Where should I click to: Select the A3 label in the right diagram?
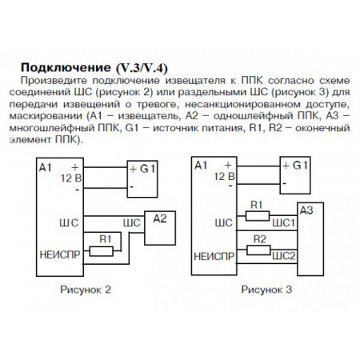coord(306,210)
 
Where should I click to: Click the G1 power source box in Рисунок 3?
coord(294,174)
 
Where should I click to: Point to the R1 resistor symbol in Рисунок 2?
coord(102,250)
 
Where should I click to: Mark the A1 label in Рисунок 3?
coord(201,165)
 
